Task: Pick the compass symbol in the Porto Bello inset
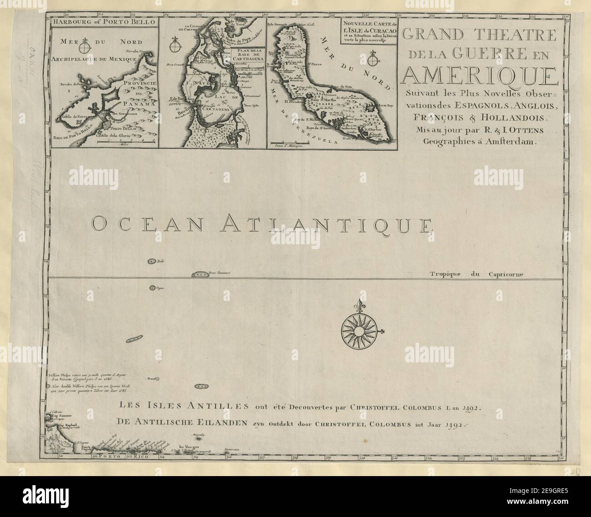(85, 47)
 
